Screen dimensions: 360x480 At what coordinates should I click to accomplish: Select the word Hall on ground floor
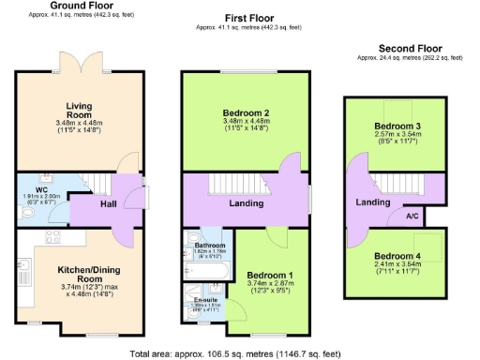109,203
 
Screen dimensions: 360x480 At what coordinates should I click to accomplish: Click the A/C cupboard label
412,216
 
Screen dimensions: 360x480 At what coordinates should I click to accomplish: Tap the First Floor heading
248,18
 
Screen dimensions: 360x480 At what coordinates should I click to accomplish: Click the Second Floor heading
410,48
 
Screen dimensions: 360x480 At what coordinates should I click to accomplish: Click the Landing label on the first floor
247,202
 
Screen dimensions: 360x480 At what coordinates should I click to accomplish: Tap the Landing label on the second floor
373,202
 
